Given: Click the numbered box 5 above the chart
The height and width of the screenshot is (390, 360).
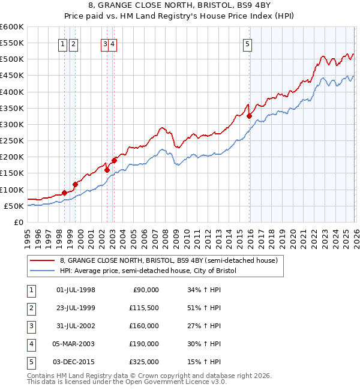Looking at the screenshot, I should [x=248, y=43].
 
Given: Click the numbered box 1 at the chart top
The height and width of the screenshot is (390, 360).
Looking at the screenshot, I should [x=63, y=43].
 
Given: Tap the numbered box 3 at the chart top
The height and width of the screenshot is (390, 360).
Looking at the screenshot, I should [x=105, y=43].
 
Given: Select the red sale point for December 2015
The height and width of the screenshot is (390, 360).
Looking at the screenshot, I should [x=249, y=116].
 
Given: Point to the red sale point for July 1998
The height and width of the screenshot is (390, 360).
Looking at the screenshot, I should [x=64, y=193].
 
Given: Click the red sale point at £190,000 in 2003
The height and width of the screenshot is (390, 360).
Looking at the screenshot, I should [x=113, y=160].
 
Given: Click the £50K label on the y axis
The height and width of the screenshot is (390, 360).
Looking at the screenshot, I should [x=14, y=206].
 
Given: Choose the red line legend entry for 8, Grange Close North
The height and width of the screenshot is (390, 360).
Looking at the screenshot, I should [x=169, y=261].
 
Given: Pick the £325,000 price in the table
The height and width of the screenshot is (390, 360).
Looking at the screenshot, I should [x=144, y=362].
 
